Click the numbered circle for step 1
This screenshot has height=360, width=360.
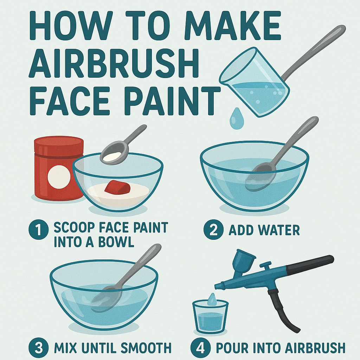tap(38, 230)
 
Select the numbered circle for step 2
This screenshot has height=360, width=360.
tap(213, 230)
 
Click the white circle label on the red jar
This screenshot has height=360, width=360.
tap(57, 174)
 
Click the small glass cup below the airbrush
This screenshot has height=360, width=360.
tap(210, 316)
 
